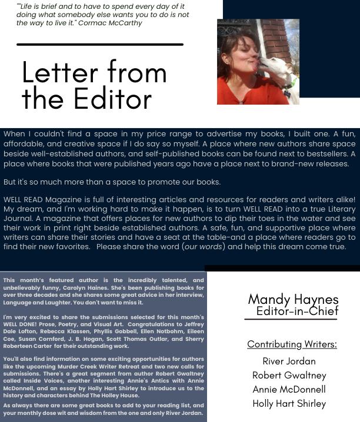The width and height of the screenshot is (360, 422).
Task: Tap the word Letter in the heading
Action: click(x=66, y=72)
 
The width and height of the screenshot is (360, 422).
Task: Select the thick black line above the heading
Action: click(x=100, y=44)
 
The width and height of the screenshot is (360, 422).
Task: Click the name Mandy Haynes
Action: click(x=293, y=300)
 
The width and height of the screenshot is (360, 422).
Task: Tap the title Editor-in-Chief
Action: click(x=297, y=312)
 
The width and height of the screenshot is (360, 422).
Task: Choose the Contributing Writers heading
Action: click(x=292, y=344)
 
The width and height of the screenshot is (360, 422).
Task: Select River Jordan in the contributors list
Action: click(x=289, y=361)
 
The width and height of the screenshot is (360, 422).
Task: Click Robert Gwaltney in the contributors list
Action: click(x=289, y=375)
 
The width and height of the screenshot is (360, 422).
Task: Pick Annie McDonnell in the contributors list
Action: click(x=289, y=389)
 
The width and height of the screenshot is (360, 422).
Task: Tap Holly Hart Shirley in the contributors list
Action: click(x=289, y=403)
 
